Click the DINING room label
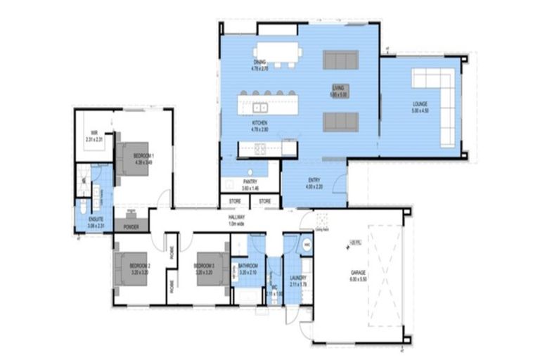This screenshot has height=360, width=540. (x=260, y=63)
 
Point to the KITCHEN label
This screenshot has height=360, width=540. (x=260, y=123)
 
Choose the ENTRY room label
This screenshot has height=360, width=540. (x=314, y=182)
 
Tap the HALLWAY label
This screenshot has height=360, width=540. (x=236, y=219)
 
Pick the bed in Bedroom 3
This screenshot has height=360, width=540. (x=210, y=268)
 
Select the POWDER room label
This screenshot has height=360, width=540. (x=131, y=227)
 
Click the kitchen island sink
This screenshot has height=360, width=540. (x=261, y=108)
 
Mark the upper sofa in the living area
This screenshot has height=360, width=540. (x=340, y=60)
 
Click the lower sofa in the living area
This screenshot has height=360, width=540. (x=340, y=122)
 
